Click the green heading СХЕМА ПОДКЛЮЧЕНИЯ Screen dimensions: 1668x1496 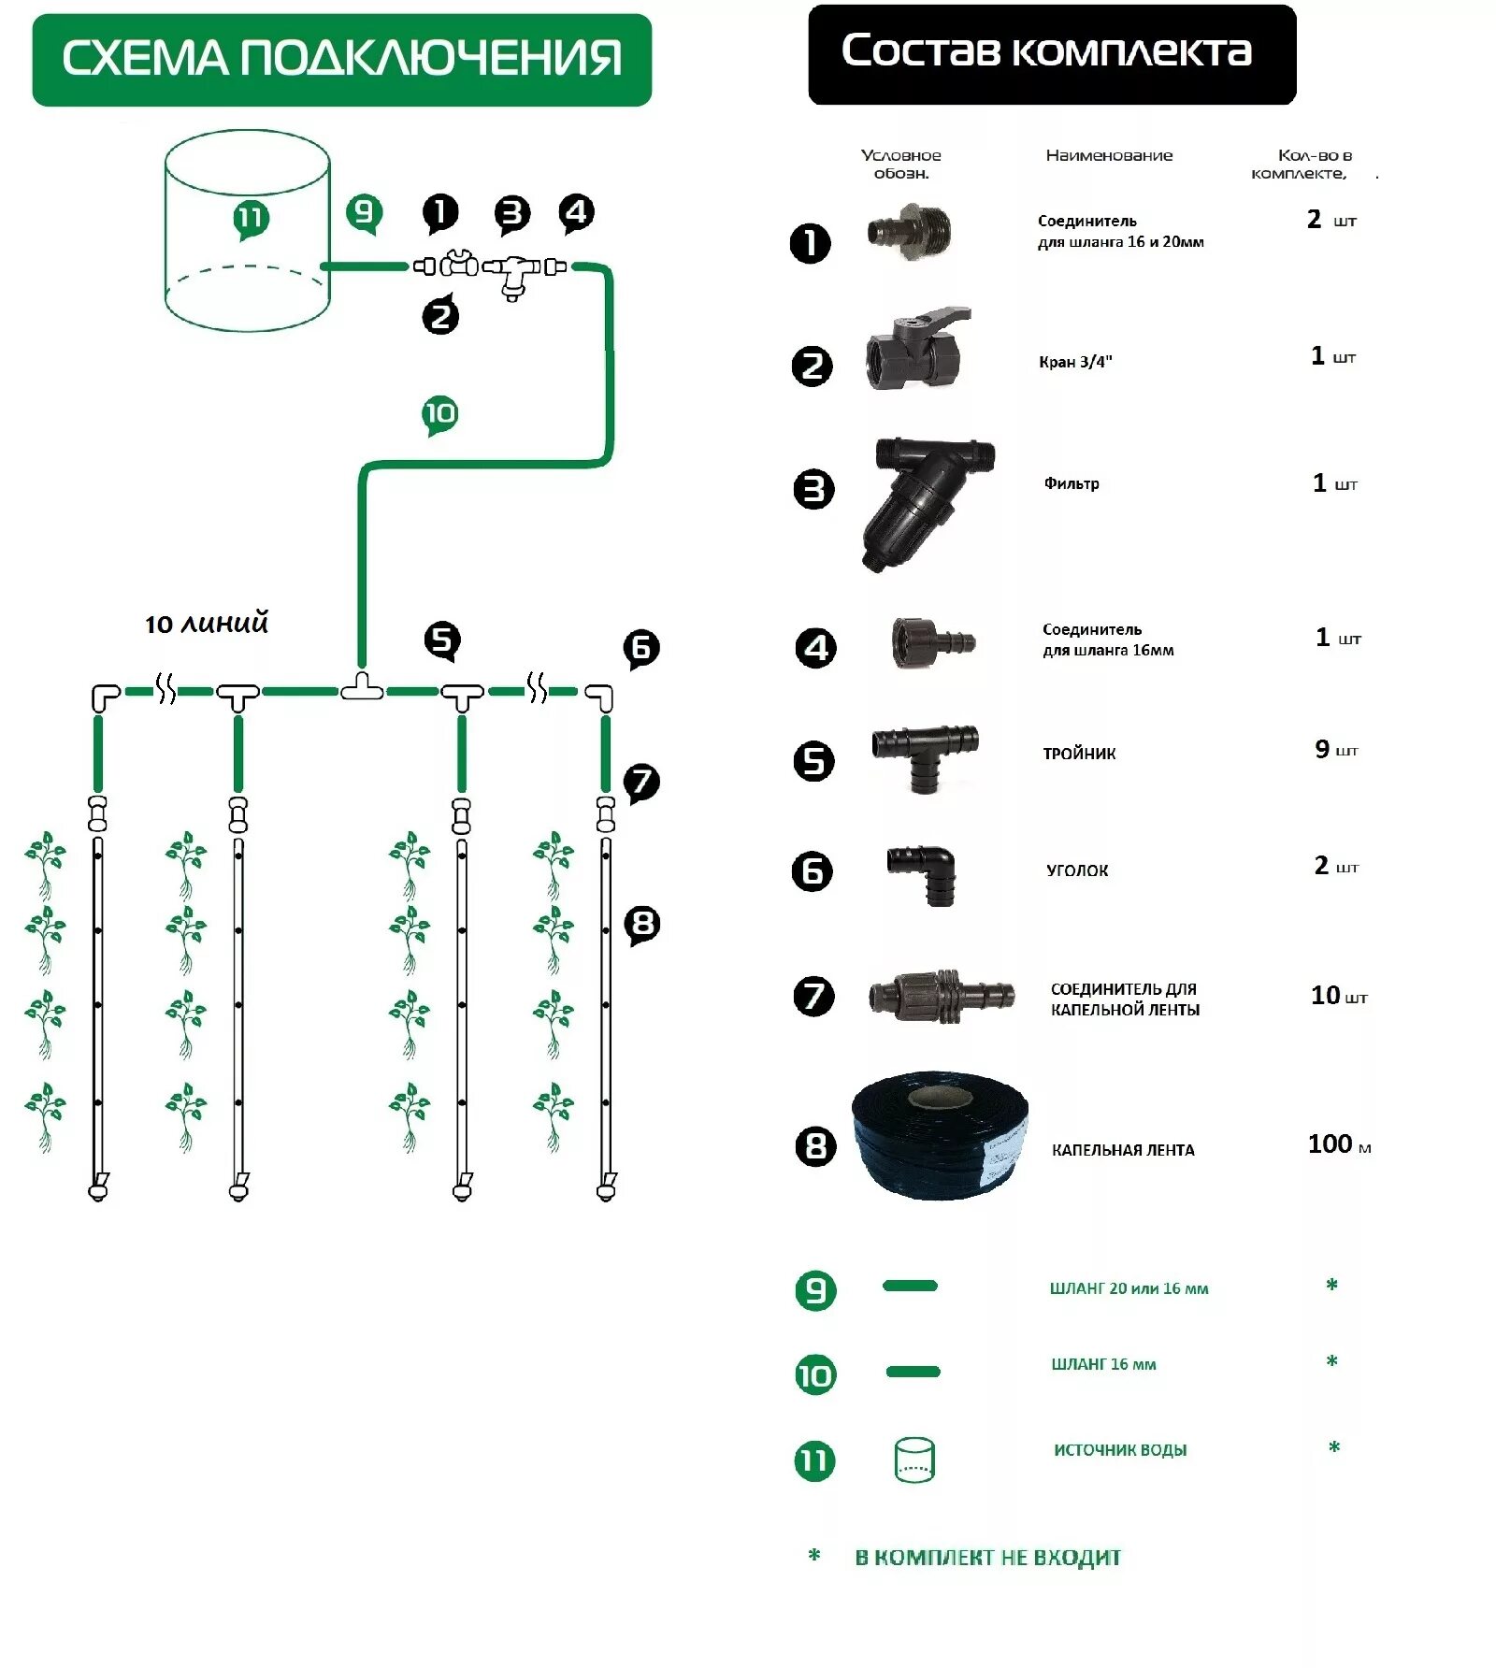tap(341, 59)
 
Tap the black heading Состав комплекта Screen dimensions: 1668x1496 tap(1046, 52)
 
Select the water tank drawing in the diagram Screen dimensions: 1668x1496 tap(247, 231)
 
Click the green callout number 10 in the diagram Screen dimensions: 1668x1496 tap(439, 413)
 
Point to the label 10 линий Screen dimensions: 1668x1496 tap(207, 624)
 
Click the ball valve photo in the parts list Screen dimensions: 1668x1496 tap(916, 348)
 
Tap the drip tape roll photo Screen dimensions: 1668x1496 tap(940, 1135)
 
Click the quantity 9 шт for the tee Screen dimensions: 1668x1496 tap(1335, 750)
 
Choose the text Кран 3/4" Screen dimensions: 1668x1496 tap(1075, 362)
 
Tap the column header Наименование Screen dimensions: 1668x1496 tap(1109, 156)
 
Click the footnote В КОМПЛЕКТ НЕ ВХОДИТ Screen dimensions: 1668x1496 tap(987, 1557)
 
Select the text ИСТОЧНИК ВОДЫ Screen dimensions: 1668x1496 tap(1120, 1450)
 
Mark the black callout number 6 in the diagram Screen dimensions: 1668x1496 tap(641, 647)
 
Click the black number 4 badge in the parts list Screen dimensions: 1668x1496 tap(815, 648)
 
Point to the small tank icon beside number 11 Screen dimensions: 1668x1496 tap(914, 1459)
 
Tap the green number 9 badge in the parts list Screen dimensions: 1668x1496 tap(815, 1290)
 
